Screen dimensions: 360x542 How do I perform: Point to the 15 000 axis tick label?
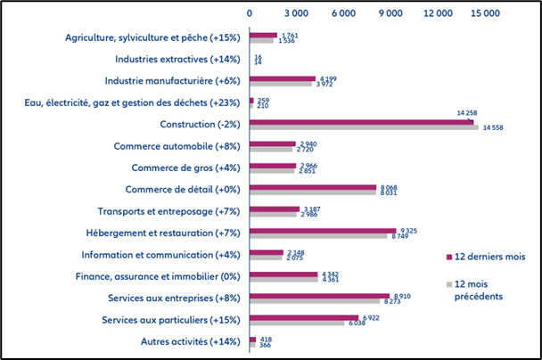[x=486, y=13]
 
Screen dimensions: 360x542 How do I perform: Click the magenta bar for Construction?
[x=361, y=121]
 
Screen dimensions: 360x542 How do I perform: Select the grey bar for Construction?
[x=364, y=127]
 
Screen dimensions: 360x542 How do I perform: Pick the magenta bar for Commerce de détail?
[x=313, y=186]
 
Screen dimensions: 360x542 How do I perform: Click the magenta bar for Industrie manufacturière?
[x=283, y=78]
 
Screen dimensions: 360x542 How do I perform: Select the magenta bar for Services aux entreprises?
[x=319, y=295]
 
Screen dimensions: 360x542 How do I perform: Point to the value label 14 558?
[x=493, y=128]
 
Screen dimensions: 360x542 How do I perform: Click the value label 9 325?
[x=410, y=230]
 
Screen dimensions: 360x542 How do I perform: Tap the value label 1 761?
[x=289, y=35]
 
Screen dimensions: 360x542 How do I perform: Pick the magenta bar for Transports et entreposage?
[x=275, y=209]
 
